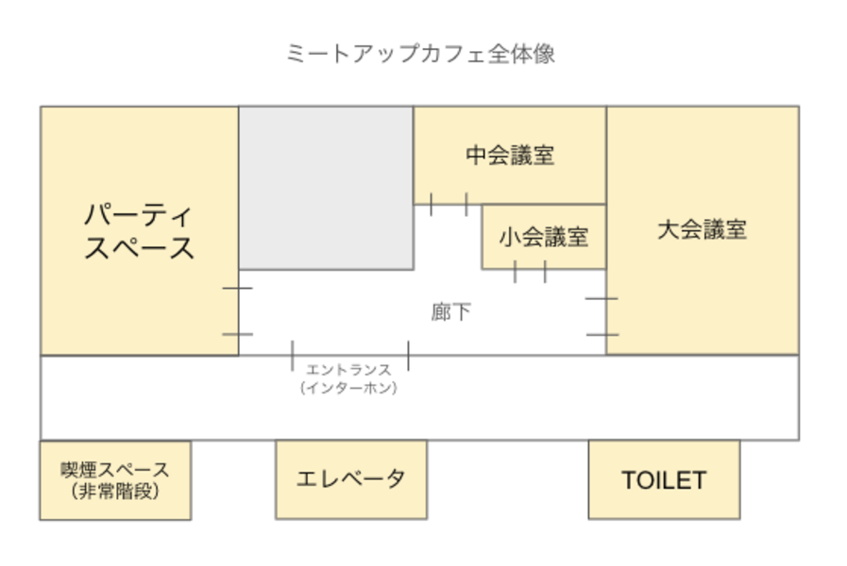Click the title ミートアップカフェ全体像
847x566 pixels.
point(421,54)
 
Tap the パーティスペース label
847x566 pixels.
point(139,232)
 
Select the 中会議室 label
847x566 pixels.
point(510,156)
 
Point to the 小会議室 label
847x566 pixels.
point(544,237)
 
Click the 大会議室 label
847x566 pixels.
point(702,229)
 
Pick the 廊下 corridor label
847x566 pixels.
point(450,312)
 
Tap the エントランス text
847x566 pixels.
point(348,371)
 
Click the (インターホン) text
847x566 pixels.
point(348,388)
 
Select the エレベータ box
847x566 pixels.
point(350,479)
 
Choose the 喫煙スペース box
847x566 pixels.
point(115,479)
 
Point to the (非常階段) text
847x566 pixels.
point(115,491)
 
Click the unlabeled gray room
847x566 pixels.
point(326,188)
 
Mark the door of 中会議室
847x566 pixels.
point(449,205)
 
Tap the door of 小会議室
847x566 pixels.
point(530,270)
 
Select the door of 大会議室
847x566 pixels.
point(605,316)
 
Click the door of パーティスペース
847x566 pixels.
point(238,310)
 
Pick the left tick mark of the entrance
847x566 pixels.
point(293,355)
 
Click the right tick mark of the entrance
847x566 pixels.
point(408,355)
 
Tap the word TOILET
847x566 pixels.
point(664,480)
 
